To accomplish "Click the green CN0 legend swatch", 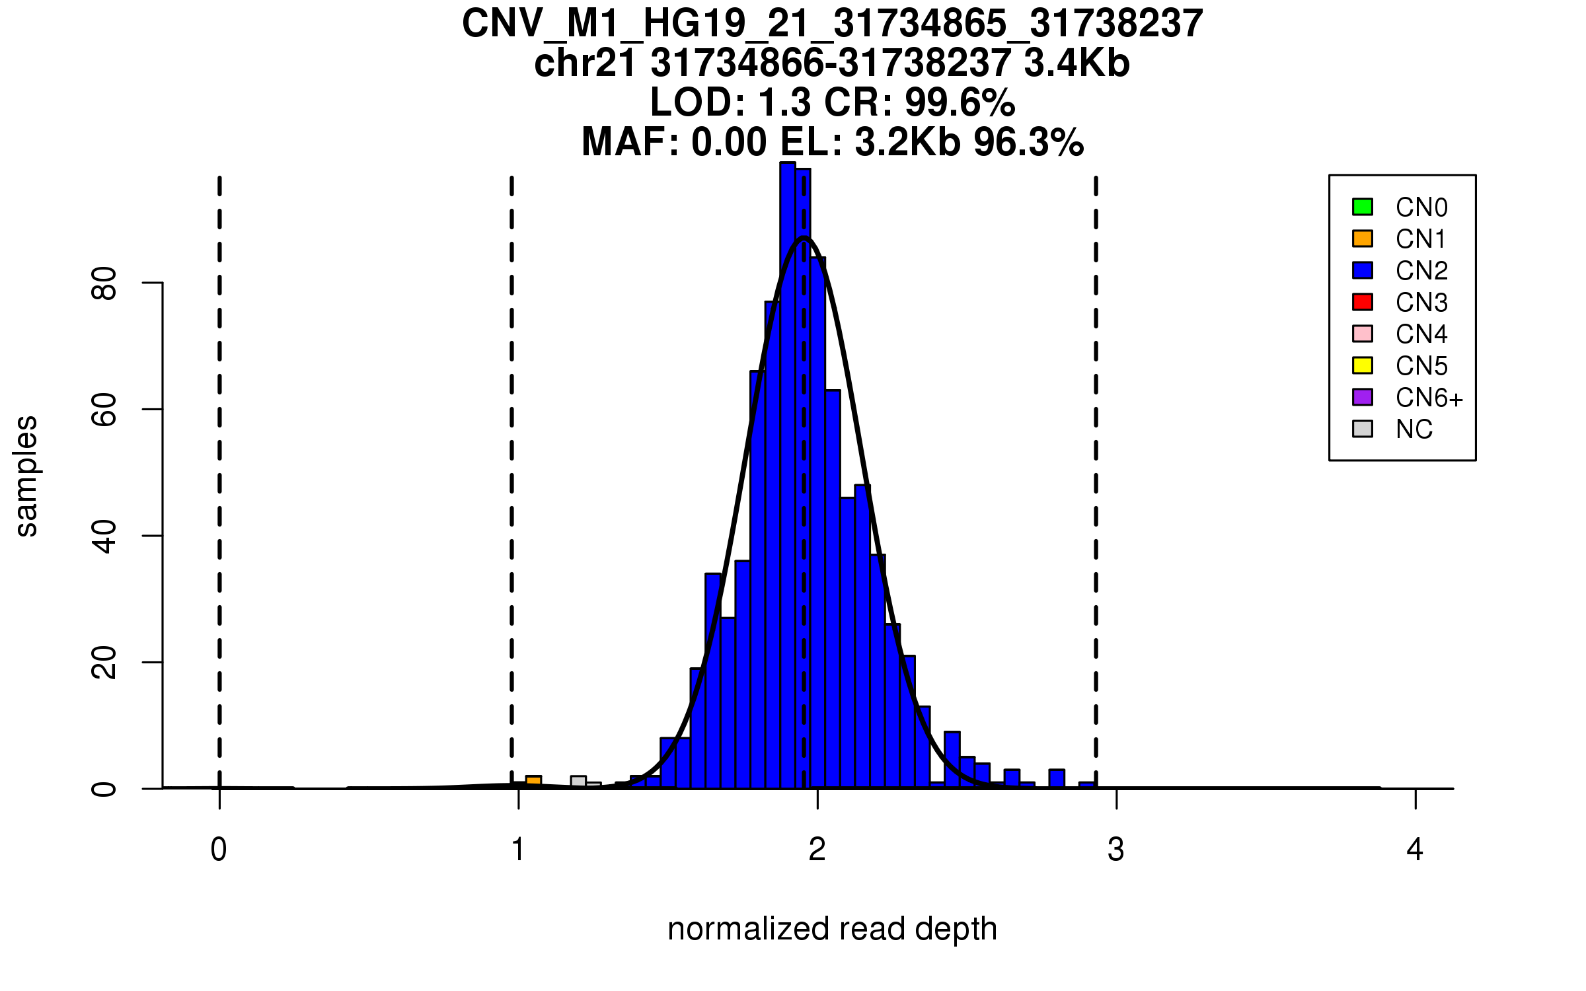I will pyautogui.click(x=1363, y=207).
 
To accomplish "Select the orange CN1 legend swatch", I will pyautogui.click(x=1363, y=239).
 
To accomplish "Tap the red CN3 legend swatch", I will pyautogui.click(x=1363, y=302).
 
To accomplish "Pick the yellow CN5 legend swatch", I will pyautogui.click(x=1363, y=365).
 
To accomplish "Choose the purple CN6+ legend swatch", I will pyautogui.click(x=1363, y=397).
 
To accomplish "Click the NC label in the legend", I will pyautogui.click(x=1414, y=429).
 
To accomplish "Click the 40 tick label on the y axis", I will pyautogui.click(x=104, y=536).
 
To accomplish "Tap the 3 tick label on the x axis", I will pyautogui.click(x=1116, y=850).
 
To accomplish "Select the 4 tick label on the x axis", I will pyautogui.click(x=1415, y=850).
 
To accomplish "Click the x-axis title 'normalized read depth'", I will pyautogui.click(x=832, y=929).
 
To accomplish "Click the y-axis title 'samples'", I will pyautogui.click(x=26, y=476).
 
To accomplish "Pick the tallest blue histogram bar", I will pyautogui.click(x=788, y=476).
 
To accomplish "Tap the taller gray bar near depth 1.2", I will pyautogui.click(x=578, y=782).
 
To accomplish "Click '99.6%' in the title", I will pyautogui.click(x=960, y=102).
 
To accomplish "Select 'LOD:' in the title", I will pyautogui.click(x=698, y=102).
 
